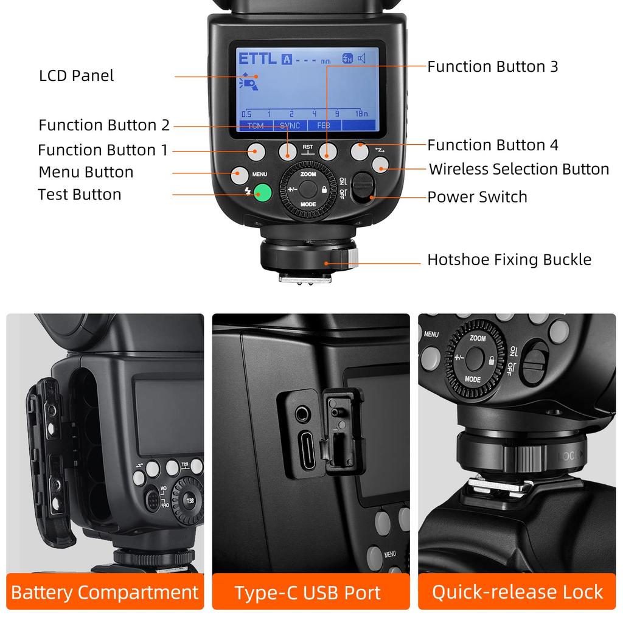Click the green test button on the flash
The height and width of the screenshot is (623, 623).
(x=262, y=193)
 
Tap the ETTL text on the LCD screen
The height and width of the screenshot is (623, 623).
(x=257, y=59)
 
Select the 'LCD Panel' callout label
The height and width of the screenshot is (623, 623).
(x=77, y=76)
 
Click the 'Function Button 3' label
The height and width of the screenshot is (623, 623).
(x=492, y=66)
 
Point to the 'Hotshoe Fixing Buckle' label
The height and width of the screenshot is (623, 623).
(x=509, y=260)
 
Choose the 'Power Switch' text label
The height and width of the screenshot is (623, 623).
(x=477, y=197)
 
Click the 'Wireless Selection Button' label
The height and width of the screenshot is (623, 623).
(x=519, y=169)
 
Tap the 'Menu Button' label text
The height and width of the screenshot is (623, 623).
(x=86, y=172)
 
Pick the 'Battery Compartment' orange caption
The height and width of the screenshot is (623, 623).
(x=105, y=592)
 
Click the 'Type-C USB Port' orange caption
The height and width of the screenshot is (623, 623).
(x=308, y=593)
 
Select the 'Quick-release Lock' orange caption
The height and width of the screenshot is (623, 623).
(x=517, y=592)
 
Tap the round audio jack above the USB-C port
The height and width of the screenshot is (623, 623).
(x=301, y=416)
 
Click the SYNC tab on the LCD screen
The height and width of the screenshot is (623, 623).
(x=290, y=125)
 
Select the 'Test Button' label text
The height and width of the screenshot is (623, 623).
(x=79, y=195)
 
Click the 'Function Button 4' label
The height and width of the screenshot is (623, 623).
(x=492, y=145)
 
